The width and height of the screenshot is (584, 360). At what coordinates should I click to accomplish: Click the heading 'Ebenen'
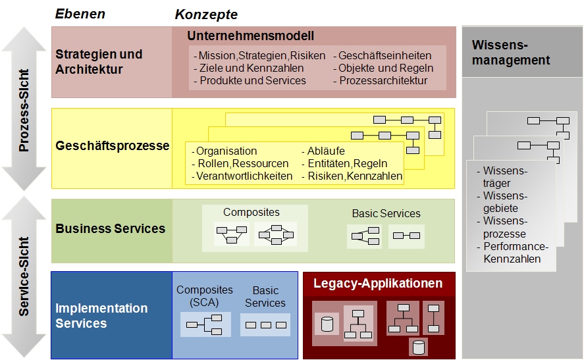[x=80, y=14]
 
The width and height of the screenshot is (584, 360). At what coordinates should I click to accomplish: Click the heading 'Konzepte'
[x=206, y=14]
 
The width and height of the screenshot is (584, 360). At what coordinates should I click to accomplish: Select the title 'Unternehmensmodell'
[x=250, y=36]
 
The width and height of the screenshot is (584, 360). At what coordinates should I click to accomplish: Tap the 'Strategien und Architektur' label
[x=99, y=62]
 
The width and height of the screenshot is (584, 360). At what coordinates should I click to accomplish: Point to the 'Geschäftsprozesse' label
[x=112, y=145]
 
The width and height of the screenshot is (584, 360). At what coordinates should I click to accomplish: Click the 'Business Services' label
[x=111, y=228]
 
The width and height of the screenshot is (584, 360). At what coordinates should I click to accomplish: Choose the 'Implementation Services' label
[x=101, y=315]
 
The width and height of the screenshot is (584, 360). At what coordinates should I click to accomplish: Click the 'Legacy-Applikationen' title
[x=378, y=284]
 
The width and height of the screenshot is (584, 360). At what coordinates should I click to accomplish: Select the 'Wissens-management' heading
[x=511, y=53]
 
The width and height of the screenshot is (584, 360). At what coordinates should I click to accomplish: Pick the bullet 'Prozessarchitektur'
[x=383, y=80]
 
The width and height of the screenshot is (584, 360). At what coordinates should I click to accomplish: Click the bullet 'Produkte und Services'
[x=252, y=80]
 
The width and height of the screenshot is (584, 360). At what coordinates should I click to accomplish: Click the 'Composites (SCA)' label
[x=205, y=296]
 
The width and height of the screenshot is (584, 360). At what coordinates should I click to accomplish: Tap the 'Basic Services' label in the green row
[x=386, y=213]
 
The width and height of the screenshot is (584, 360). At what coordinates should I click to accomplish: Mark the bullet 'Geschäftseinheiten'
[x=385, y=55]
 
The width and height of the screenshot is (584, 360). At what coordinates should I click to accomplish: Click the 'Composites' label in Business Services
[x=252, y=212]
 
